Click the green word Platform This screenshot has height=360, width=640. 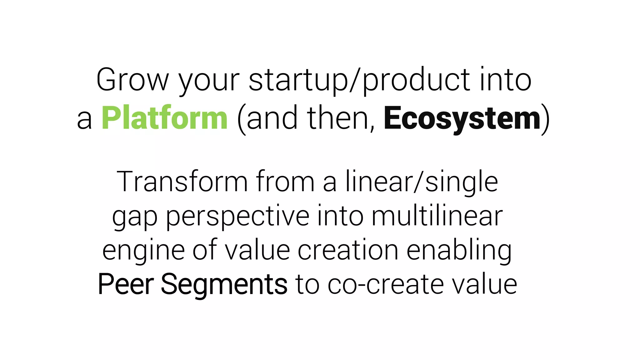[164, 118]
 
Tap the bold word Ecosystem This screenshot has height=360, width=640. [462, 119]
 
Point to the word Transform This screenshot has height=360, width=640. [182, 182]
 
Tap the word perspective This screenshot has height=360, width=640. [237, 217]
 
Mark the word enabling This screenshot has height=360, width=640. [459, 251]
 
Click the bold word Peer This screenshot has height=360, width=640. [126, 284]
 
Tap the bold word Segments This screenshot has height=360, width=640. [224, 285]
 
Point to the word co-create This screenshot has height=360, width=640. [386, 284]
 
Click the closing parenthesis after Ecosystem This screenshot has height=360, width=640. [545, 119]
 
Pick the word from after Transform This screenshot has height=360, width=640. [285, 182]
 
